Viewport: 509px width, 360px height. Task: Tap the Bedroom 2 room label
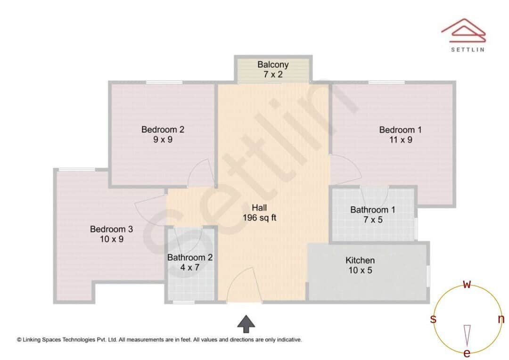[x=163, y=129]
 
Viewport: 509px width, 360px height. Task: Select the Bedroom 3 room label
[x=111, y=229]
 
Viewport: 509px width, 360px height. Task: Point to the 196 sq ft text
[x=259, y=218]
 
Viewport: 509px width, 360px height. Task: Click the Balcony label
[x=273, y=65]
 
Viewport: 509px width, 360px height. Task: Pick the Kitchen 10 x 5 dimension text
[x=360, y=270]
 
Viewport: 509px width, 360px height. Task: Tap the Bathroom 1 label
[x=372, y=210]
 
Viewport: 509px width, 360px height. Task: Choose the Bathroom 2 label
[x=190, y=258]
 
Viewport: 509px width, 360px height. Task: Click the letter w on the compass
[x=467, y=284]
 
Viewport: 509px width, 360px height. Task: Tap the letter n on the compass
[x=501, y=319]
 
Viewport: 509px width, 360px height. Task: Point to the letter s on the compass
[x=433, y=319]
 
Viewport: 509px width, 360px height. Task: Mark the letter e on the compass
[x=467, y=353]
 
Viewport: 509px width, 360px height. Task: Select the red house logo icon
[x=463, y=31]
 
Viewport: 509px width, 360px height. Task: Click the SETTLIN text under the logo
[x=467, y=49]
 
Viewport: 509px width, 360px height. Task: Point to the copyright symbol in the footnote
[x=19, y=339]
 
